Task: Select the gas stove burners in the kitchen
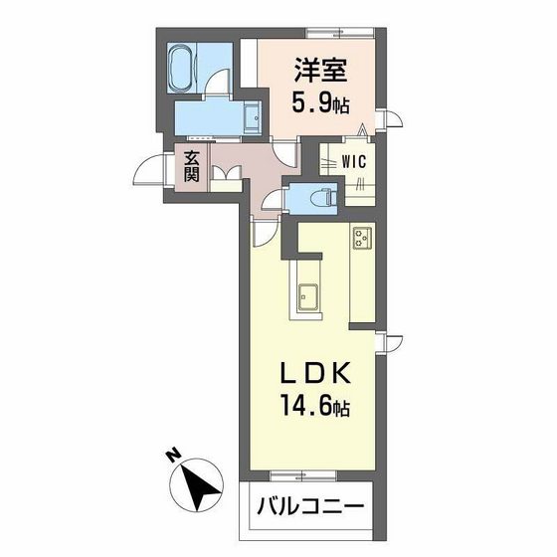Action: tap(362, 238)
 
